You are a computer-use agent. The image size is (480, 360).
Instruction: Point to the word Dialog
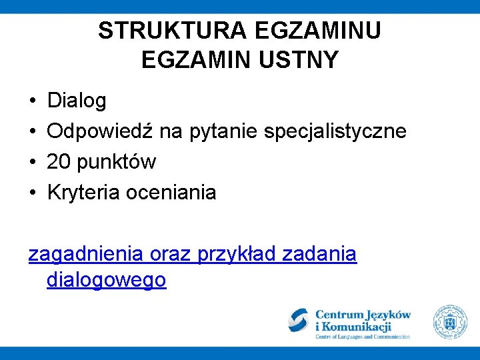tap(77, 101)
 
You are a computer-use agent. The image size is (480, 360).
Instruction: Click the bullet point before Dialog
tap(33, 101)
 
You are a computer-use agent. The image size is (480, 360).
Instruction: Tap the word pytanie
tap(224, 131)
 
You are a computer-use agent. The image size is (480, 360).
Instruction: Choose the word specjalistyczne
tap(335, 131)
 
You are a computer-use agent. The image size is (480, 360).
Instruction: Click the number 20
tap(59, 162)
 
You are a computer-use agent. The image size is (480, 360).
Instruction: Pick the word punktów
tap(117, 162)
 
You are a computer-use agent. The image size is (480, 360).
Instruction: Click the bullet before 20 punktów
tap(33, 162)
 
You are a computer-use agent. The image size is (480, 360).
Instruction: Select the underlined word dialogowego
tap(106, 280)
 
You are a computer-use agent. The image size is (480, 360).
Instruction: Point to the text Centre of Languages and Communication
tap(363, 337)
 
